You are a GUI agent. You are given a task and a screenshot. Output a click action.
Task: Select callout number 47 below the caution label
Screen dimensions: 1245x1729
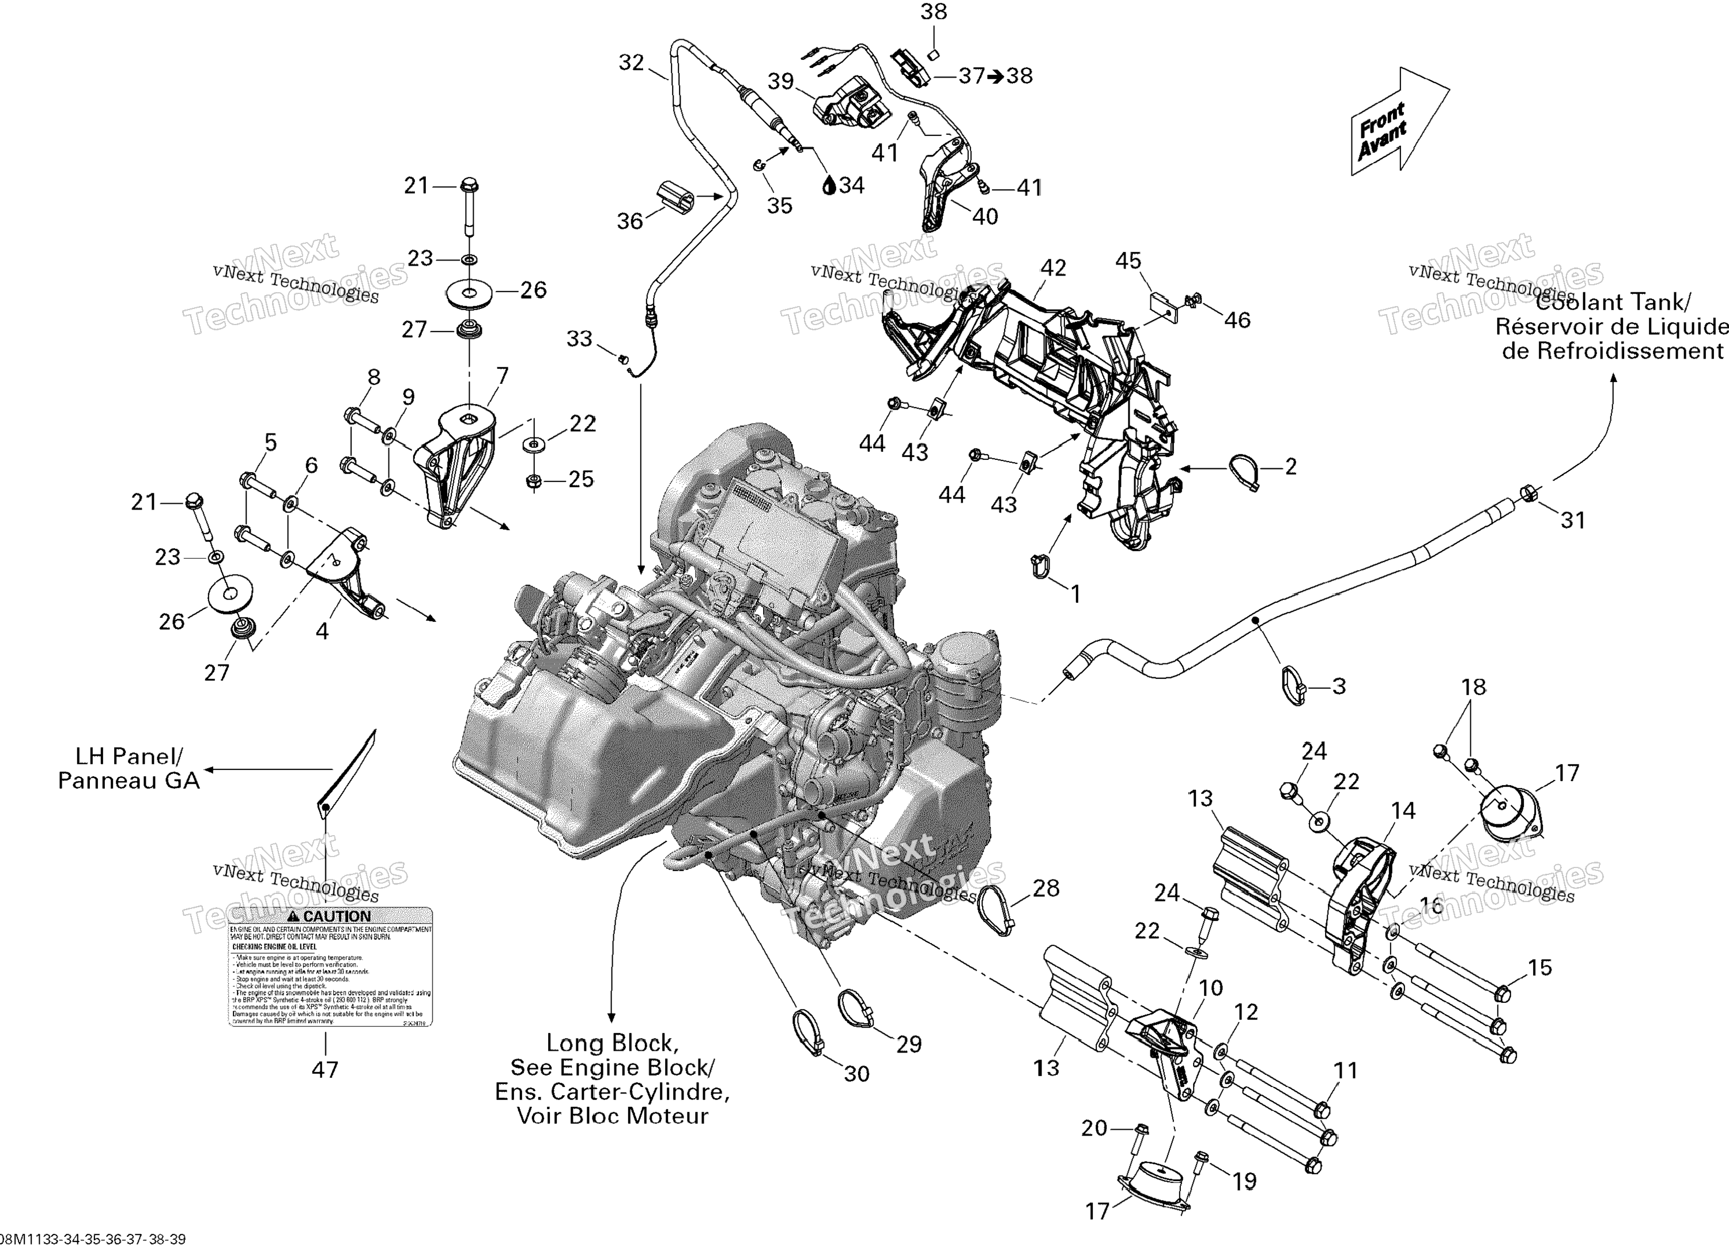(324, 1070)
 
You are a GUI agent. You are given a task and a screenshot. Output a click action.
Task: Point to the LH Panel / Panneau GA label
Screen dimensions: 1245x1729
(129, 768)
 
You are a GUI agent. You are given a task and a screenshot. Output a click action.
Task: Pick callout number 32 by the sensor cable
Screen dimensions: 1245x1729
(631, 62)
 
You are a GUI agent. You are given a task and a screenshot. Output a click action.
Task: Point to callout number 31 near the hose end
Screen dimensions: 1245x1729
(1573, 520)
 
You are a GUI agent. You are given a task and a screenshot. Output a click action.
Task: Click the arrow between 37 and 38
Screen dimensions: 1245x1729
(996, 76)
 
